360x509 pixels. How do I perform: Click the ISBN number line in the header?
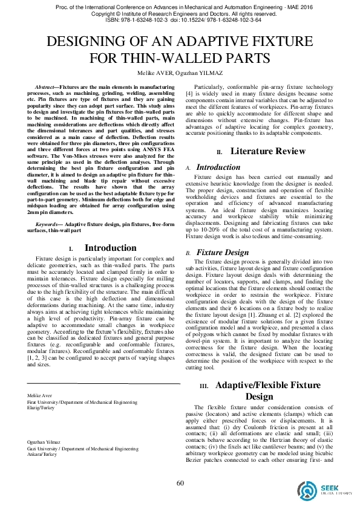click(180, 20)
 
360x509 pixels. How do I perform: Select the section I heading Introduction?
click(110, 248)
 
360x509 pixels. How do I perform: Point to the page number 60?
click(180, 482)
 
